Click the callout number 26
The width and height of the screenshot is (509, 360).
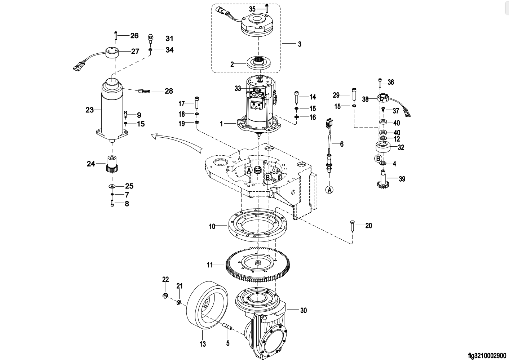tap(134, 36)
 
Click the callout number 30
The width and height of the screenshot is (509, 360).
tap(304, 310)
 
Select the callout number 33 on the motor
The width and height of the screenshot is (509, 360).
tap(238, 88)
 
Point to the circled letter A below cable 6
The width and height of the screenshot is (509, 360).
tap(329, 190)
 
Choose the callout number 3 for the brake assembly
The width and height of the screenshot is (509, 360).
tap(300, 44)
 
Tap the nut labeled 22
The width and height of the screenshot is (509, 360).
tap(165, 296)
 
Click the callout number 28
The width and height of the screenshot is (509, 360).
tap(169, 91)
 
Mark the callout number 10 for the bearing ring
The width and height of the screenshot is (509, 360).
tap(212, 227)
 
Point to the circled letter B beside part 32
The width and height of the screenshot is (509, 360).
tap(378, 158)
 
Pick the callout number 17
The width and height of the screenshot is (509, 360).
tap(182, 104)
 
